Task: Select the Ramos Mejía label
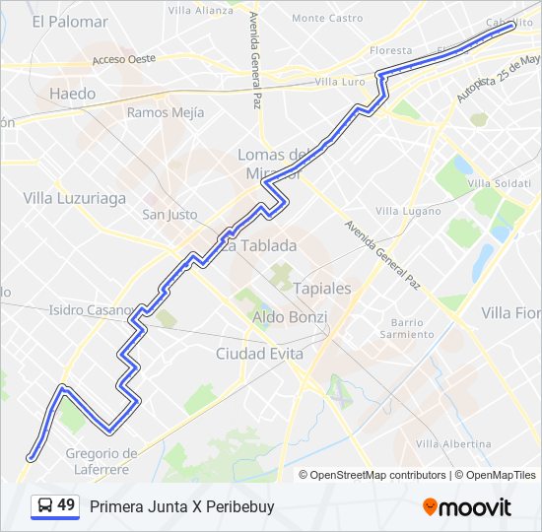[165, 112]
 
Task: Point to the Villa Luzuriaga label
[75, 198]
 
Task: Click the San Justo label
[169, 215]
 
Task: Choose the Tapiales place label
[322, 289]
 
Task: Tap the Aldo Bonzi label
[290, 316]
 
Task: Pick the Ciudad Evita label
[259, 353]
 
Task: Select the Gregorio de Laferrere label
[102, 461]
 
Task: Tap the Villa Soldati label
[499, 183]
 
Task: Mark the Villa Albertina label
[452, 444]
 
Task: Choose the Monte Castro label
[327, 18]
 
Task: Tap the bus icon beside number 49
[44, 506]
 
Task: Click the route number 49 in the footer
[66, 506]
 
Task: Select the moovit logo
[467, 507]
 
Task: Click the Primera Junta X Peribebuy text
[181, 507]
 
